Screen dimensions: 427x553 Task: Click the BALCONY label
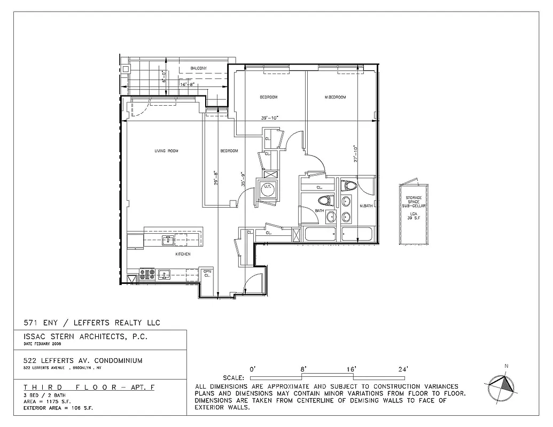[199, 68]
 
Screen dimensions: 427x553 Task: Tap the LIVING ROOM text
[166, 151]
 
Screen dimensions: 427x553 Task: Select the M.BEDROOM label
[336, 97]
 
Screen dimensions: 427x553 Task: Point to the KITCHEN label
[183, 254]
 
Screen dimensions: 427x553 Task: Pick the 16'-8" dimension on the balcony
[190, 84]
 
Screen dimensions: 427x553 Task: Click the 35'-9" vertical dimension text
[243, 179]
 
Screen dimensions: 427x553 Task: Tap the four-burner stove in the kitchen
[147, 275]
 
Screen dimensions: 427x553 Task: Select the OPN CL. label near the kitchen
[208, 273]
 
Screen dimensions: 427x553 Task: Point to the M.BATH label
[366, 206]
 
